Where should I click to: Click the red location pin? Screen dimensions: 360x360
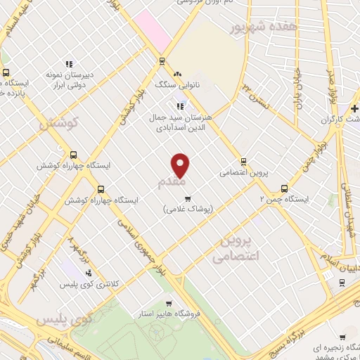click(181, 165)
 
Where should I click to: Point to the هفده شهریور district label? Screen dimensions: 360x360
click(261, 26)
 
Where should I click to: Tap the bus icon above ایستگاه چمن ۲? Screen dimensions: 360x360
click(285, 188)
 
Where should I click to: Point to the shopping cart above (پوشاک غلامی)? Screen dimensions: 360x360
click(187, 198)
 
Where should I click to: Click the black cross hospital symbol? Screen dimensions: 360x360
click(356, 108)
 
